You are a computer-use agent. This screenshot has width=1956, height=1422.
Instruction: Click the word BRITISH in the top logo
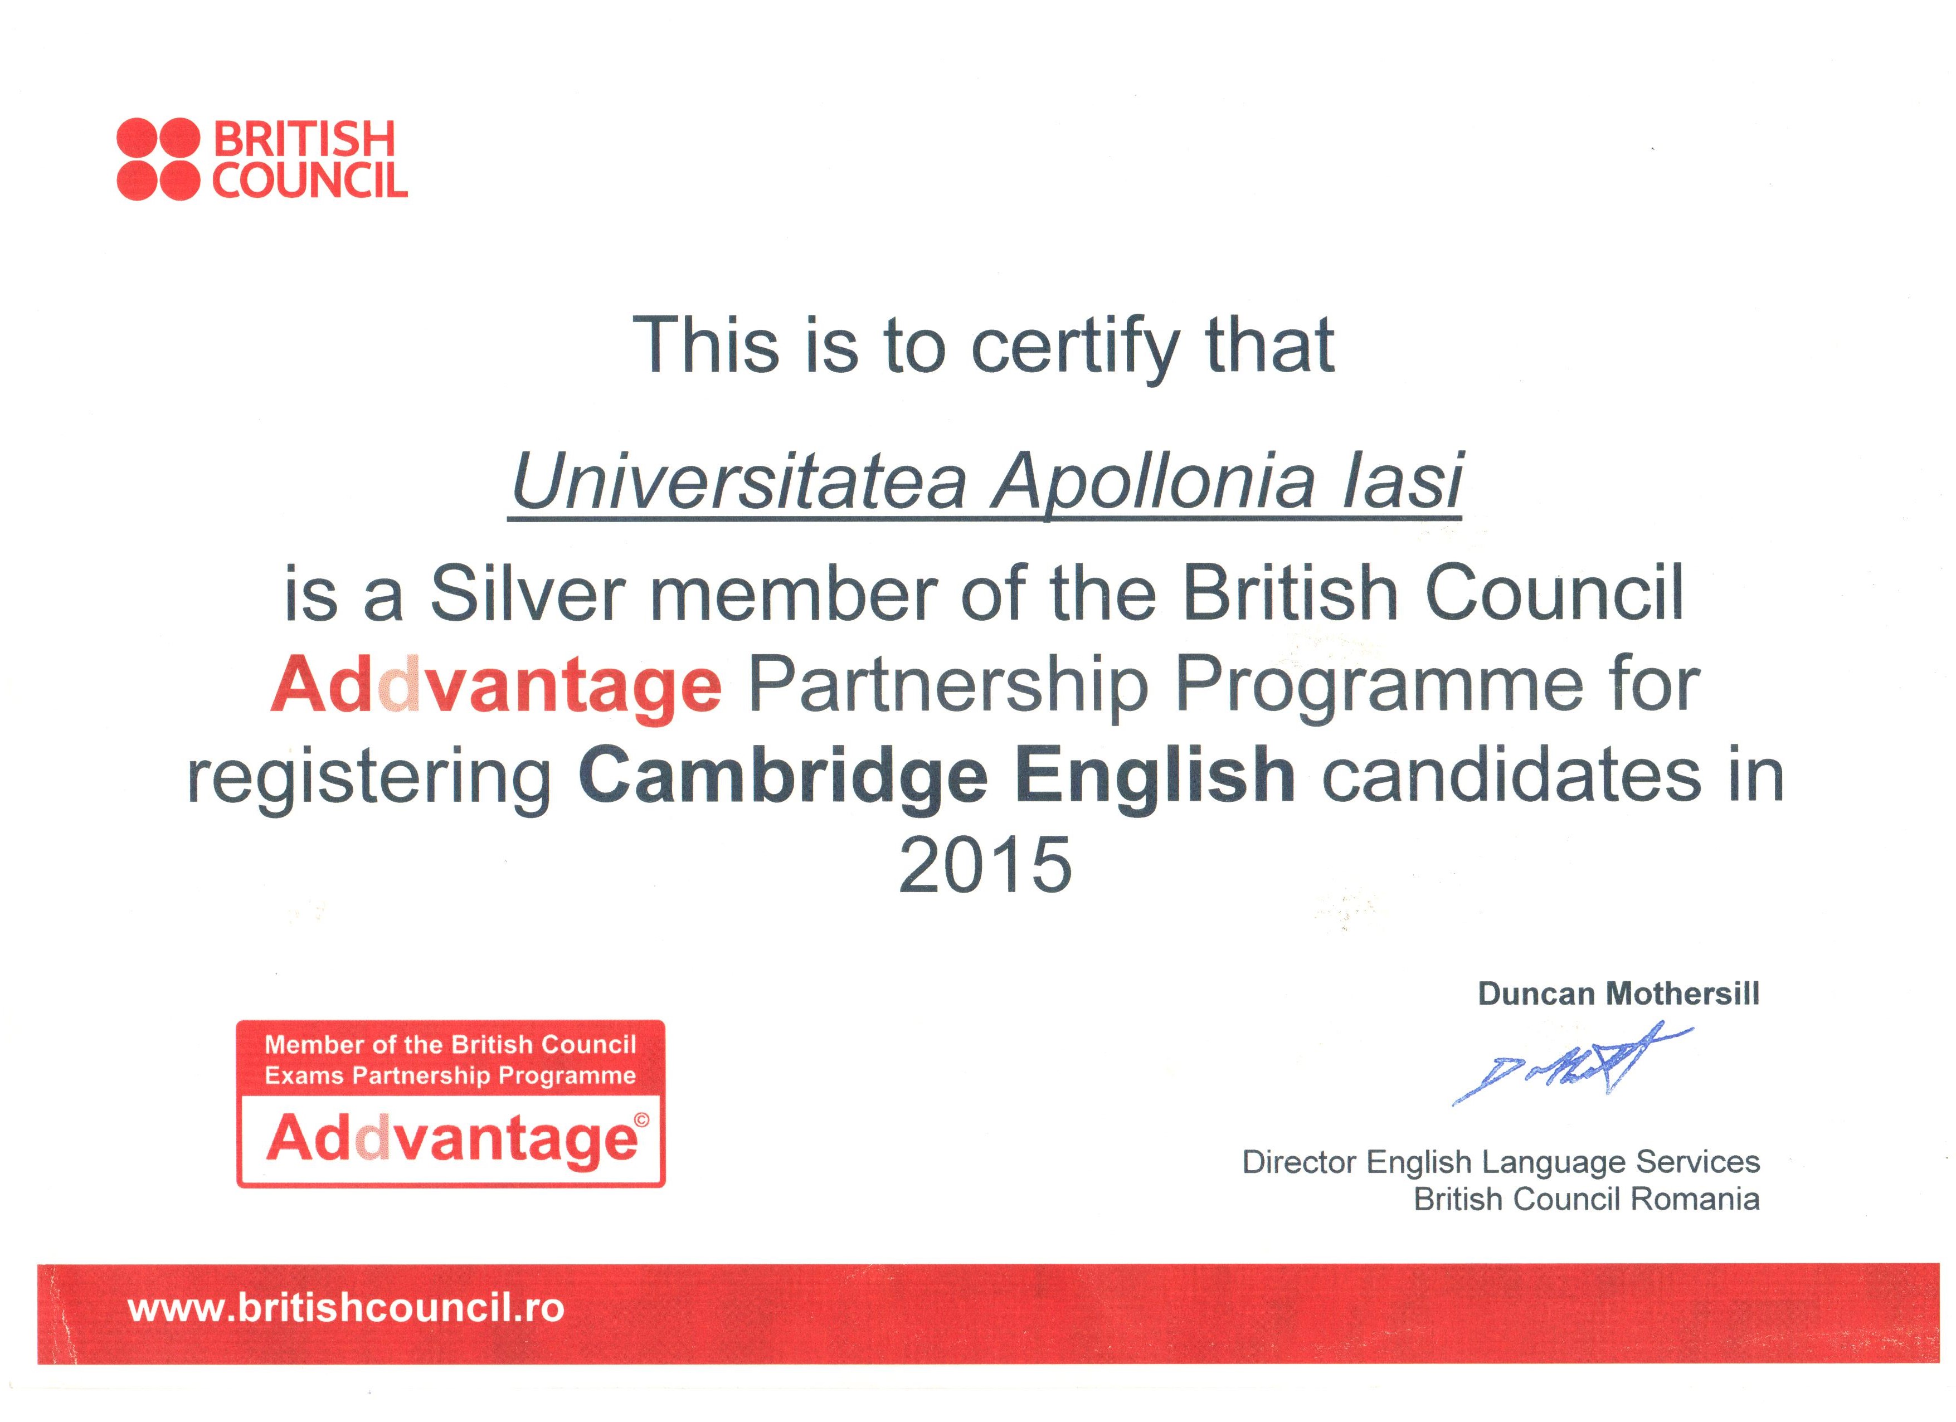click(304, 140)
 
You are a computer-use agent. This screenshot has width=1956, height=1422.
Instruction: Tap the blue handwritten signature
click(1571, 1063)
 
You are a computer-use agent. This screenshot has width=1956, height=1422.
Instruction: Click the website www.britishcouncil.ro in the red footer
click(346, 1308)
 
